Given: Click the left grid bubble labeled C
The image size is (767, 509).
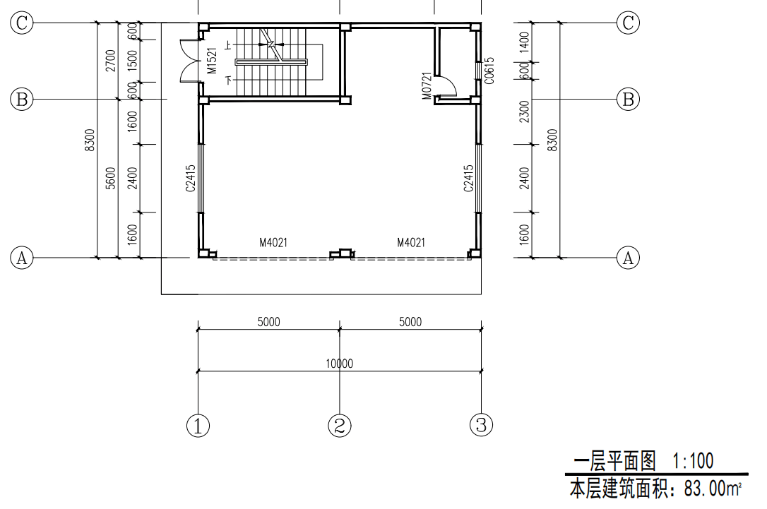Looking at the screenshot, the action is point(22,23).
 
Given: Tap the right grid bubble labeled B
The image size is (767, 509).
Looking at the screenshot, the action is point(628,100).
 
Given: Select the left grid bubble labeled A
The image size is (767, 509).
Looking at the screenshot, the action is point(22,257).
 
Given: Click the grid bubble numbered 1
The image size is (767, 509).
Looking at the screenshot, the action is point(198,426).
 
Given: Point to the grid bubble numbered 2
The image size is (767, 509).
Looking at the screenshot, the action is point(340,426).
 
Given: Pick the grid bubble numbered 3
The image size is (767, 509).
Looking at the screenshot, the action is point(482,425).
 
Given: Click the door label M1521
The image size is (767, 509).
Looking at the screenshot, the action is point(212,61).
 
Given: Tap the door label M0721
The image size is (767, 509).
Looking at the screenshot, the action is point(427,86).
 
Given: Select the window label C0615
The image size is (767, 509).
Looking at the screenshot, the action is point(489,71).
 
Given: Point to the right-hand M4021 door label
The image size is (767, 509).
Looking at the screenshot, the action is point(411,243).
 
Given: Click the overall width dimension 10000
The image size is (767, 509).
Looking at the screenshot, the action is point(340,364).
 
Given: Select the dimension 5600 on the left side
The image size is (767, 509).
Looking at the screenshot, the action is point(111,178).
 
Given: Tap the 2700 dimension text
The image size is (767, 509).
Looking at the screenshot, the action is point(111,61).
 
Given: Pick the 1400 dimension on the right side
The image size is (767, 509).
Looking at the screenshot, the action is point(524,42).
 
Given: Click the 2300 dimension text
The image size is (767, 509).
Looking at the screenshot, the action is point(524,112).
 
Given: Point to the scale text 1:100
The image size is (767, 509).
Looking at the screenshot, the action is point(693,460).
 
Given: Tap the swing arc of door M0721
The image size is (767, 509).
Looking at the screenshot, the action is point(451,82).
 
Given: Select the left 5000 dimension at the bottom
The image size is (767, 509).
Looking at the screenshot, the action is point(268,322).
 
